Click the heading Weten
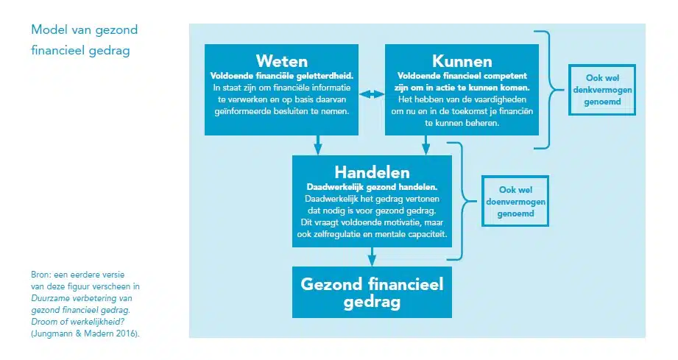(281, 61)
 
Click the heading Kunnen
(462, 61)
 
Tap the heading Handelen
(372, 172)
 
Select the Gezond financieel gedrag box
(372, 292)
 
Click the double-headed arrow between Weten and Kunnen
(372, 94)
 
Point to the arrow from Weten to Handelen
(318, 145)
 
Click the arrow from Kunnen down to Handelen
(426, 145)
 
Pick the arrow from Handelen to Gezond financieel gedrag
(372, 257)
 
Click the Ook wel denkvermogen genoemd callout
(602, 90)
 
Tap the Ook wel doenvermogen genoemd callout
(515, 201)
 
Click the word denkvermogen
(602, 90)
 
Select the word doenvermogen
(515, 202)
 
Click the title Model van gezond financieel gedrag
(85, 40)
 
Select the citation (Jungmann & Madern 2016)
(85, 333)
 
